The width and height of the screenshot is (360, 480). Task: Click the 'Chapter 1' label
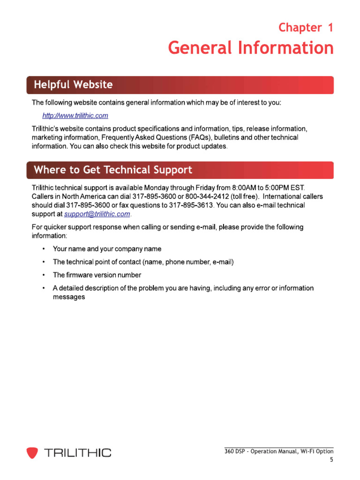306,28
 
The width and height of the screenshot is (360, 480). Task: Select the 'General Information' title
251,48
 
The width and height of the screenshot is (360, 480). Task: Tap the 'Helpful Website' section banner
73,85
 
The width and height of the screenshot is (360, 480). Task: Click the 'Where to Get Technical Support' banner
113,170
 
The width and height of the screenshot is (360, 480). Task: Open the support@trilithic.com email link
97,214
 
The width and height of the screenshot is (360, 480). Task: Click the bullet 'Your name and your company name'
107,249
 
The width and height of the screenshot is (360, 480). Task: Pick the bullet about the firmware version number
97,275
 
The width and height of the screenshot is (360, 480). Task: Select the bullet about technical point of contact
143,262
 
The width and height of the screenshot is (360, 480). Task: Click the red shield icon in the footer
32,452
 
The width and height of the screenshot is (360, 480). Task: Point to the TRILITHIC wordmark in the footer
77,452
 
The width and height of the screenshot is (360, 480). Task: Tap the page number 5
331,460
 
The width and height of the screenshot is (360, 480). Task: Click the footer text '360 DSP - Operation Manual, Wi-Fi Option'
279,451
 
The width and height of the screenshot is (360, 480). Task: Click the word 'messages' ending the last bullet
68,297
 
